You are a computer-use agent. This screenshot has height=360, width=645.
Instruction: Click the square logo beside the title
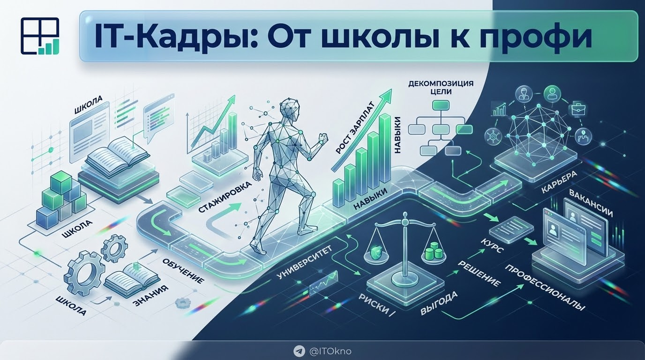point(38,36)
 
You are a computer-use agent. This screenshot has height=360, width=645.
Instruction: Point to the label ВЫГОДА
point(440,303)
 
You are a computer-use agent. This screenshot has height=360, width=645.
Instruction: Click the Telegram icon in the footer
point(299,351)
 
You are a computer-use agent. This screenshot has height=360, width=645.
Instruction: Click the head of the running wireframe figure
point(291,110)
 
